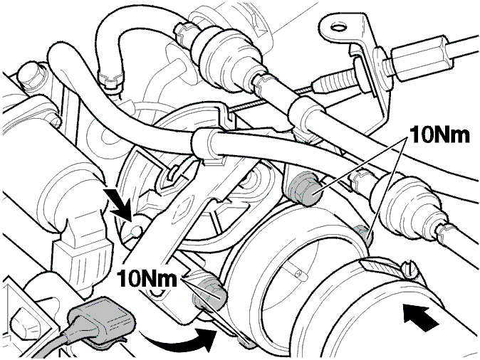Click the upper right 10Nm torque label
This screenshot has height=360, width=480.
(439, 134)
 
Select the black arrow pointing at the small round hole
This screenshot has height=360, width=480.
(119, 203)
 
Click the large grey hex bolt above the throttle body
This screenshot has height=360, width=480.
(304, 190)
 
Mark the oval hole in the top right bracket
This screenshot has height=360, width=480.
(338, 28)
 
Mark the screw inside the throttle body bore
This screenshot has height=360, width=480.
(299, 272)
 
